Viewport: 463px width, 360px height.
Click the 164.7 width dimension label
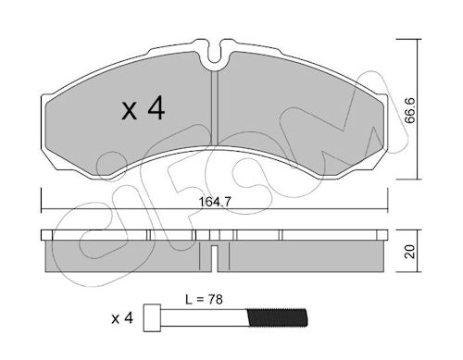(215, 202)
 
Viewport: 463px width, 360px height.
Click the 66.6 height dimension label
(410, 111)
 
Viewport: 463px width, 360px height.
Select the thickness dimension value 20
(410, 252)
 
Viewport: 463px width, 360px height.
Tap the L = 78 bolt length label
(204, 299)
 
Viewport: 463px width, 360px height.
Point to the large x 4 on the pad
(144, 108)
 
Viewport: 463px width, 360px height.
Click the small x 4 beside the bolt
(122, 318)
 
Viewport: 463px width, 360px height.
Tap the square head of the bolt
(152, 317)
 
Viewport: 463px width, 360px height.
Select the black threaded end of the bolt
(278, 317)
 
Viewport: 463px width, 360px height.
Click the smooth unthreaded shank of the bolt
(205, 317)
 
